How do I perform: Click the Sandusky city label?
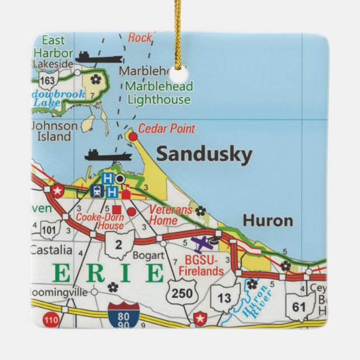coord(204,154)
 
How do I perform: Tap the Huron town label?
coord(268,220)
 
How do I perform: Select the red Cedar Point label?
coord(167,129)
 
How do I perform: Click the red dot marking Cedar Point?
coord(132,136)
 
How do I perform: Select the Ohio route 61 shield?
coord(299,306)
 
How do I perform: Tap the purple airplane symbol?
coord(202,244)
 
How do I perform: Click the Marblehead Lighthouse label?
coord(159,93)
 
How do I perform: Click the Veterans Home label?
coord(170,215)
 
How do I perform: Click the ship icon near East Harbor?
coord(99,58)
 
